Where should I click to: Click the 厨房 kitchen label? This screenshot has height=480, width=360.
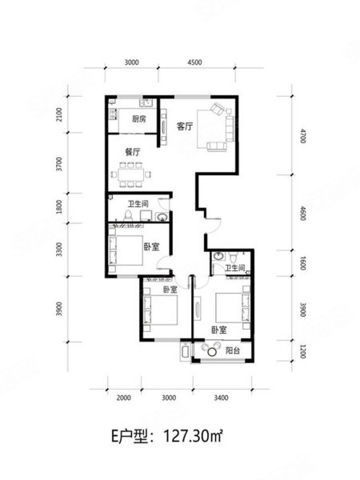point(139,118)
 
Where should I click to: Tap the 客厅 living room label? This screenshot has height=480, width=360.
point(185,126)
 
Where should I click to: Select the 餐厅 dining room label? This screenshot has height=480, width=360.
point(133,152)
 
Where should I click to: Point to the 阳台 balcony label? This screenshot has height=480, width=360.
point(233,350)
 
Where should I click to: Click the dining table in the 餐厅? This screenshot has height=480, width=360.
point(131,174)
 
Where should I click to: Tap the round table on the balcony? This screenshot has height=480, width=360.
point(212,352)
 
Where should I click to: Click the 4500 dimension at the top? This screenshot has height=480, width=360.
point(194,62)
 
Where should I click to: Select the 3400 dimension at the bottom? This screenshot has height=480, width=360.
point(221,398)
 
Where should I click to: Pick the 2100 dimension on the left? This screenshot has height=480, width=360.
point(59,114)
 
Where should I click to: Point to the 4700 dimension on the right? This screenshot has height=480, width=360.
point(302,136)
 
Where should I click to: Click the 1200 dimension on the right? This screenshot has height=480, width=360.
point(302,351)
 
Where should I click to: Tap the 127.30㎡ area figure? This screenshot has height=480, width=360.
point(193,436)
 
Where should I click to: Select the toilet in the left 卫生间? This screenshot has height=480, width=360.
point(128,215)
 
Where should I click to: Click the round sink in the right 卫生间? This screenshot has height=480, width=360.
point(218,256)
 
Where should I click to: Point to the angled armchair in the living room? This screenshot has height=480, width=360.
point(218,109)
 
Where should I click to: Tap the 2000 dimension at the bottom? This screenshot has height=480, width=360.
point(124,398)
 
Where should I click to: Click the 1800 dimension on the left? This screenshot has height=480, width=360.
point(59,207)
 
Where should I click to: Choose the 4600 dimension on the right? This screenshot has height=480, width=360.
point(302,214)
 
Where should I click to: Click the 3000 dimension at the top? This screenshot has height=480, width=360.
point(132,62)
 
